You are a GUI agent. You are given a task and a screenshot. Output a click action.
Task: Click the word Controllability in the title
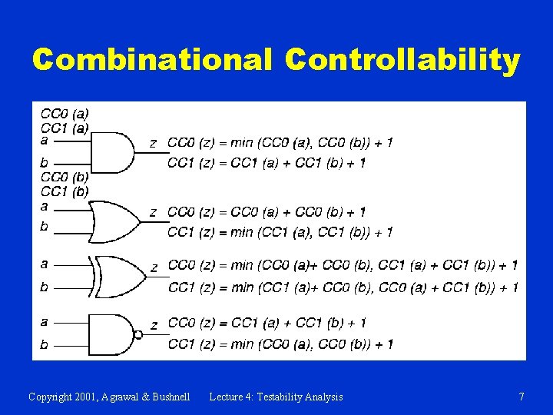click(x=403, y=59)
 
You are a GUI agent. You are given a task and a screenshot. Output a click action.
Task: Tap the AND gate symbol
click(x=111, y=152)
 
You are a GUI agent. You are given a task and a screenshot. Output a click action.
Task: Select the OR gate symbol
click(x=114, y=222)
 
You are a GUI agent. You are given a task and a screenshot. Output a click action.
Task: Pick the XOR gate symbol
click(x=118, y=277)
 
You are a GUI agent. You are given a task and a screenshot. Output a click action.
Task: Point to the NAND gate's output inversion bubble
click(x=138, y=334)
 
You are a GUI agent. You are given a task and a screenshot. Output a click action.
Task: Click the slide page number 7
click(x=522, y=397)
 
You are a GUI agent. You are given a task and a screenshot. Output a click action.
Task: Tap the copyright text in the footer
click(x=108, y=397)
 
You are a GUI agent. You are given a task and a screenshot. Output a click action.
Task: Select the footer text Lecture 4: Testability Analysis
click(x=276, y=397)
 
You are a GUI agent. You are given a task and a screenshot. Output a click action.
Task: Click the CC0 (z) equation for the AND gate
click(x=280, y=143)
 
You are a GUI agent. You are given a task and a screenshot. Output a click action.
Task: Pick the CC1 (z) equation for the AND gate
click(x=267, y=163)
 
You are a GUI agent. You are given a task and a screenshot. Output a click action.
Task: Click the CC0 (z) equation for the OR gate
click(x=267, y=212)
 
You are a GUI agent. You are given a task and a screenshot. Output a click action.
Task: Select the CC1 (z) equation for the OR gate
click(x=280, y=232)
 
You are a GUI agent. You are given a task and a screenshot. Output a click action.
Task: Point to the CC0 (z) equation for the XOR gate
click(x=343, y=266)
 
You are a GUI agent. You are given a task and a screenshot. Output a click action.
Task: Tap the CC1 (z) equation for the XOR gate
click(x=343, y=287)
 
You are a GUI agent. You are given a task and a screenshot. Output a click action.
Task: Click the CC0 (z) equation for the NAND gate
click(x=267, y=323)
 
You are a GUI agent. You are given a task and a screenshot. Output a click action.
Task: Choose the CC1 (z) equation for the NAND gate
click(x=280, y=344)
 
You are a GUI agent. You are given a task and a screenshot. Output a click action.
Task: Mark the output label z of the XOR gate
click(x=154, y=267)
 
